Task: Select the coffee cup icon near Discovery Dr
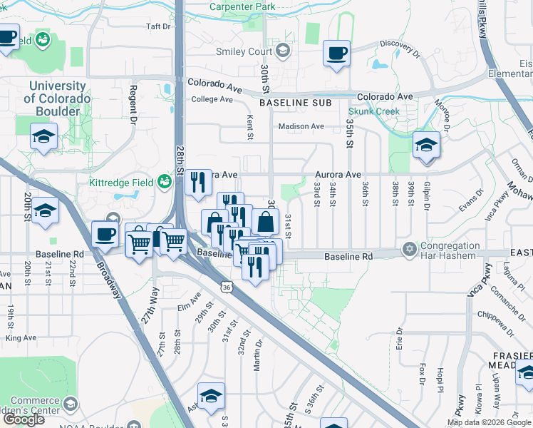tap(336, 53)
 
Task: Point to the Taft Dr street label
tap(159, 26)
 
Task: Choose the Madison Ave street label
tap(301, 126)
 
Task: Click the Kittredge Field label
tap(118, 183)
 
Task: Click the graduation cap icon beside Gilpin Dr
tap(426, 145)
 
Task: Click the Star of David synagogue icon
tap(409, 250)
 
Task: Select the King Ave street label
tap(21, 337)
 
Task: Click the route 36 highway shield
tap(226, 286)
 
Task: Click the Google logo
tap(24, 419)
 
